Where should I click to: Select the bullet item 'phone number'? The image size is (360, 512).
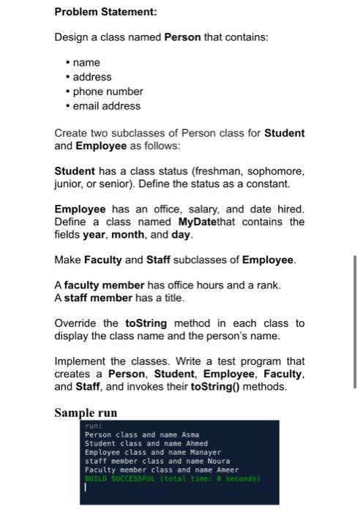pos(108,91)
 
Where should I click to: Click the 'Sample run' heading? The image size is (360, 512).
pos(86,413)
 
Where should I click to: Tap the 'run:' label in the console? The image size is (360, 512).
pos(92,425)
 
